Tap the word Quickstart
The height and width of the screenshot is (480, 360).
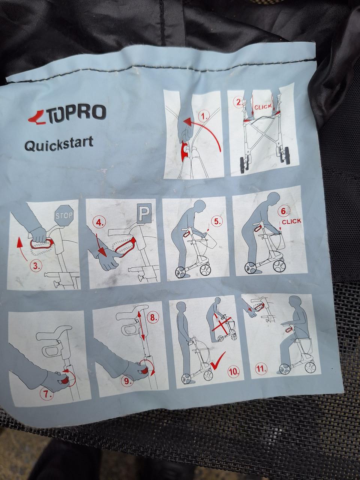pyautogui.click(x=58, y=144)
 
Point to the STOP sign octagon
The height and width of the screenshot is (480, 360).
pyautogui.click(x=64, y=216)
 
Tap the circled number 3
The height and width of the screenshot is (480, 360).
pyautogui.click(x=36, y=267)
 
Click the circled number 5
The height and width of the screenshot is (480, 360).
pyautogui.click(x=216, y=221)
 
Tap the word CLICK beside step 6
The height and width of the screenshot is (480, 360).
pyautogui.click(x=291, y=221)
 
